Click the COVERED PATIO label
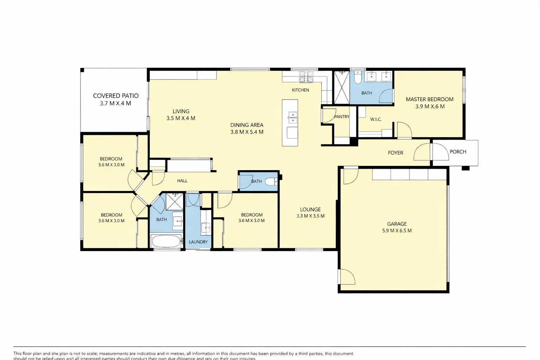[x=116, y=96]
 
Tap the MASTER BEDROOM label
[x=429, y=99]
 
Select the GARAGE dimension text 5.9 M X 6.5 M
[x=397, y=231]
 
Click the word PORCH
[x=458, y=152]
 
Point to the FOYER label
[x=395, y=153]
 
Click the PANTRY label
[x=341, y=117]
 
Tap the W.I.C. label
[x=375, y=119]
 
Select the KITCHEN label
[x=300, y=90]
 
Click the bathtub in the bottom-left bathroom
[x=166, y=242]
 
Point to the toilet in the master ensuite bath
[x=358, y=78]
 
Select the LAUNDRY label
[x=198, y=242]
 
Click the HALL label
[x=182, y=181]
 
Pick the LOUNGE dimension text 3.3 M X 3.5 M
[x=310, y=216]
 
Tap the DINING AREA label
[x=246, y=125]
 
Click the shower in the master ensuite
[x=341, y=87]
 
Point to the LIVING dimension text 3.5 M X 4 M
[x=181, y=118]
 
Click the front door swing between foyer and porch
[x=422, y=153]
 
